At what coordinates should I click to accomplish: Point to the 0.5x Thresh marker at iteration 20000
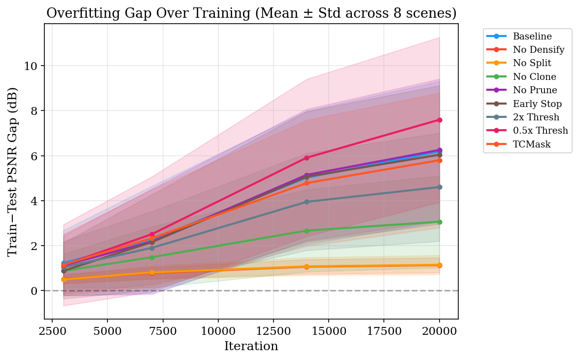(x=440, y=120)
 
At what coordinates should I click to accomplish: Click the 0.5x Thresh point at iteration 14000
(x=307, y=158)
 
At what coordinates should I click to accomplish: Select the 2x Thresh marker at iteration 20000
(x=440, y=187)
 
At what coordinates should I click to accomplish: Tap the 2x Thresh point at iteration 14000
(x=307, y=202)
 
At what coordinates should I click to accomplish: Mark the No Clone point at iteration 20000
(x=440, y=222)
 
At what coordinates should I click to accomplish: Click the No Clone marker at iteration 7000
(x=152, y=257)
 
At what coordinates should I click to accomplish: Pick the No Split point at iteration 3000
(x=64, y=280)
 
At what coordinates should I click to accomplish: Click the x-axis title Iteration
(x=251, y=346)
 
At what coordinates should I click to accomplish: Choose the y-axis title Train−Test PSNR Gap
(x=13, y=171)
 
